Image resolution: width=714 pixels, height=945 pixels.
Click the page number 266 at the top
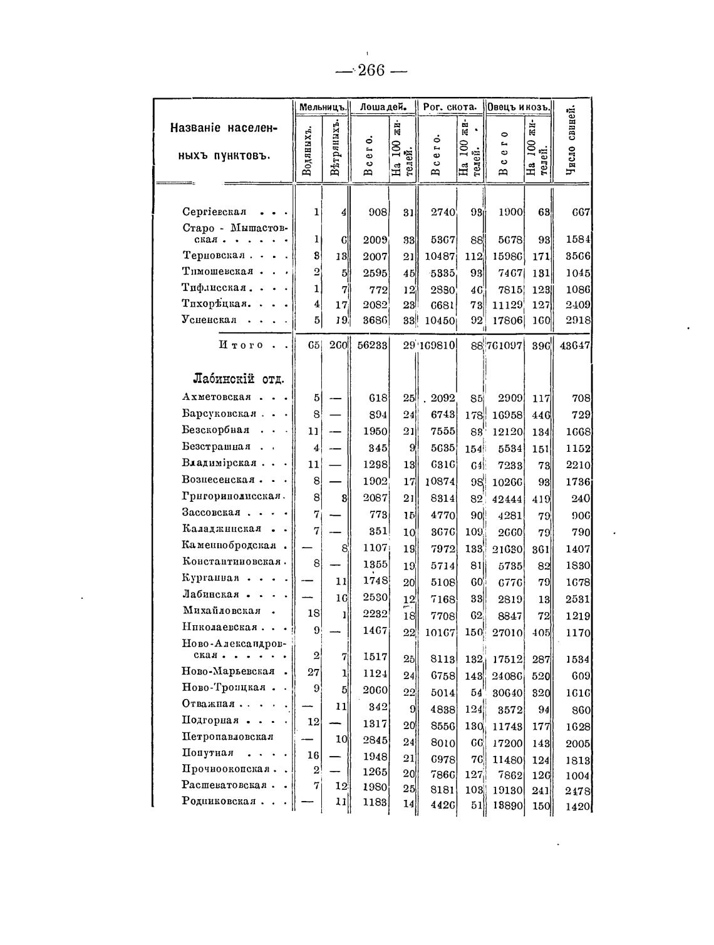pos(371,70)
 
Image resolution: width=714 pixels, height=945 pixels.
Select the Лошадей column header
pos(383,107)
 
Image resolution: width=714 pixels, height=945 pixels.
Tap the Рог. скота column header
pos(450,107)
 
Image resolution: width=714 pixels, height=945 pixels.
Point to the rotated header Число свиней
pos(571,143)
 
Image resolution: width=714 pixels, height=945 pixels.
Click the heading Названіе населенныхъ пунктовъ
pos(223,141)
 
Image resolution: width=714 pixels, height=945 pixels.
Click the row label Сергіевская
pos(214,212)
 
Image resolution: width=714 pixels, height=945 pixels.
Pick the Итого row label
pos(241,345)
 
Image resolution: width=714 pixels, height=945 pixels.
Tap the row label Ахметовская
pos(217,397)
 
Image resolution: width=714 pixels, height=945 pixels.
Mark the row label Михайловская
pos(222,611)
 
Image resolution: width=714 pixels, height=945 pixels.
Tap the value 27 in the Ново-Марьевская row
pos(314,673)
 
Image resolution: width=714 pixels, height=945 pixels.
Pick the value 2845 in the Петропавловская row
pos(376,740)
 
